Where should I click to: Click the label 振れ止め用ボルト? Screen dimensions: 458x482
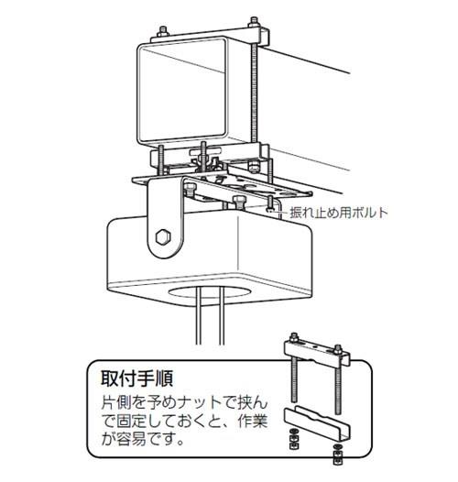pos(339,213)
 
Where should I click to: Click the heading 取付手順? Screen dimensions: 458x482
pos(136,378)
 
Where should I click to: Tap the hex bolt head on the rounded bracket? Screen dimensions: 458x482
pos(163,237)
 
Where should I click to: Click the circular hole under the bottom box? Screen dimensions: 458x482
pos(209,292)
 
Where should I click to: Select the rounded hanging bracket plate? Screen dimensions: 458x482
pos(165,218)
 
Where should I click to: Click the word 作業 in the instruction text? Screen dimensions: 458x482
pos(253,422)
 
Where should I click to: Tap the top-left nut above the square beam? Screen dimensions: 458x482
pos(163,31)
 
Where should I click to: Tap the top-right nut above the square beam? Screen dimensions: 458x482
pos(254,23)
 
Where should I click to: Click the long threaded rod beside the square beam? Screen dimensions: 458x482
pos(254,93)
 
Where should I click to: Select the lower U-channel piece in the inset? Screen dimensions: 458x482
pos(317,422)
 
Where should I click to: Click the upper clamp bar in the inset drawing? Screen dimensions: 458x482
pos(317,354)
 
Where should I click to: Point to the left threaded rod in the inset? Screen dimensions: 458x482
pos(294,381)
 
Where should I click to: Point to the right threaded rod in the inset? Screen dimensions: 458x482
pos(338,389)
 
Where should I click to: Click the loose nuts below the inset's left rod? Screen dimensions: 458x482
pos(294,440)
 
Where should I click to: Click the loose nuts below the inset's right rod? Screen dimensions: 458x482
pos(337,455)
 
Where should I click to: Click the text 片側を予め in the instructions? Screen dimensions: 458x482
pos(140,403)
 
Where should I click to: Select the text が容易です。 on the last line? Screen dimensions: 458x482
pos(143,440)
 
